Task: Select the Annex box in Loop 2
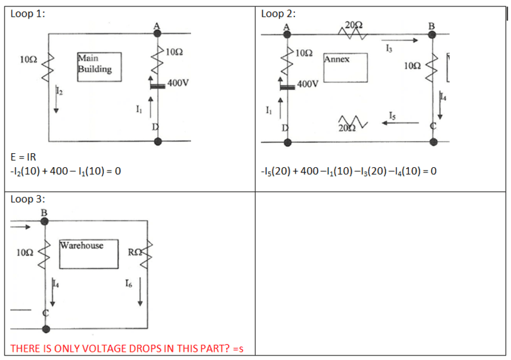coord(346,67)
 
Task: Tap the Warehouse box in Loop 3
coord(89,253)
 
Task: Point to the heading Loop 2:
coord(278,13)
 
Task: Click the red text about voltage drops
coord(128,349)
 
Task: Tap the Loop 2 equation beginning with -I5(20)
coord(348,171)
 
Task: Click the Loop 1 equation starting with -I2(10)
coord(66,171)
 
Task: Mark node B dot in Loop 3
coord(45,221)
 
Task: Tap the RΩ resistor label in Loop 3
coord(133,252)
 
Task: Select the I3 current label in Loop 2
coord(390,49)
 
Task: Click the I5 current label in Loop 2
coord(392,116)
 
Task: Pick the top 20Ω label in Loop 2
coord(353,24)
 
